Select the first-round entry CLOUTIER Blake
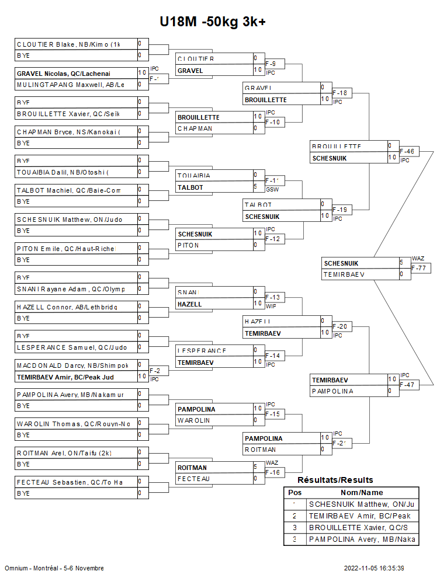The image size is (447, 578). coord(68,44)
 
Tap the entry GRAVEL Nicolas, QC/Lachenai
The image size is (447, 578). coord(64,73)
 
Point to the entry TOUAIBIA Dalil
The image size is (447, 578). coord(63,172)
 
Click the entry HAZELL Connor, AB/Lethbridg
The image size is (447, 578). coord(67,307)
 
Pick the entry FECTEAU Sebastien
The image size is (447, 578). coord(70,482)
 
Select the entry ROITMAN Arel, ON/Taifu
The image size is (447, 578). coord(64,452)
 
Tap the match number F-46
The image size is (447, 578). coord(407,151)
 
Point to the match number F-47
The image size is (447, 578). coord(407,385)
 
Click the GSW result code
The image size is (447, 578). coord(271,190)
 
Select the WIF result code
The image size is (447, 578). coord(271,306)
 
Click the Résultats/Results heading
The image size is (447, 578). coord(335,480)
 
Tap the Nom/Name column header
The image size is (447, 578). coord(362,492)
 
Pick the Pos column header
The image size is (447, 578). coord(294,492)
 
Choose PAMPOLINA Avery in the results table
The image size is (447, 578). coord(362,539)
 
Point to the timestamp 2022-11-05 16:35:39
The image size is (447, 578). coord(374,568)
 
